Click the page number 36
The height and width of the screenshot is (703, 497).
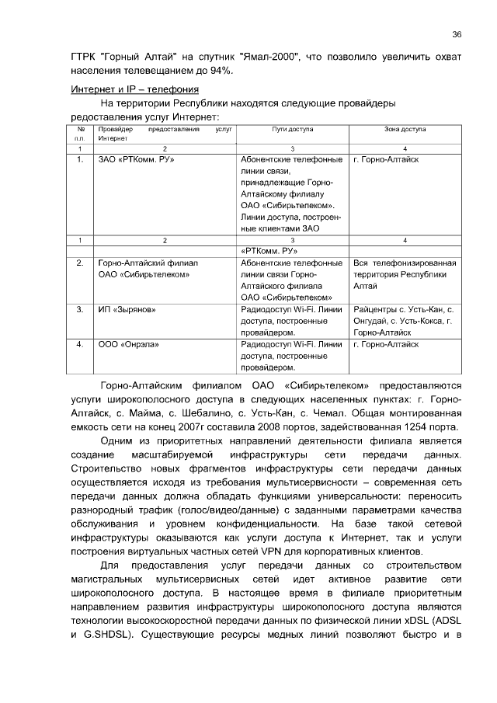pyautogui.click(x=457, y=34)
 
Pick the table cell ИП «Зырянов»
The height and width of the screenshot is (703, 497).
pyautogui.click(x=127, y=309)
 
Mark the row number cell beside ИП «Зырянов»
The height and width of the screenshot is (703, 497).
pyautogui.click(x=80, y=309)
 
